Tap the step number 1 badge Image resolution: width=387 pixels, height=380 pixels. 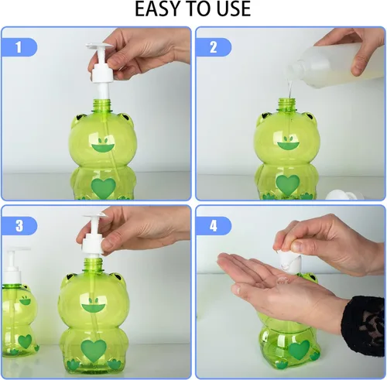[x=19, y=47]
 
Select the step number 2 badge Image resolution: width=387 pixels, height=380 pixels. [x=213, y=47]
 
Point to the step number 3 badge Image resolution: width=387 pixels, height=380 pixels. [x=19, y=226]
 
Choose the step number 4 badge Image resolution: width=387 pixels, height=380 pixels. [x=213, y=226]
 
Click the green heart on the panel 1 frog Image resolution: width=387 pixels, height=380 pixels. [x=104, y=187]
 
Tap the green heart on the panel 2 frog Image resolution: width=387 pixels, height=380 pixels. [x=288, y=185]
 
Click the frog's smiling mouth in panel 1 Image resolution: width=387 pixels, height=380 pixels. [x=103, y=148]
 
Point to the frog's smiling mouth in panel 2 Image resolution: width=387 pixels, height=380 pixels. [x=288, y=145]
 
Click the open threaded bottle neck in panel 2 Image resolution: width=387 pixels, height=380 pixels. [x=286, y=105]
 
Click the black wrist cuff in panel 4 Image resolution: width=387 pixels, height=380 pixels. [x=364, y=326]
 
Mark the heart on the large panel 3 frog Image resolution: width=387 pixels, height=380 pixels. [x=94, y=351]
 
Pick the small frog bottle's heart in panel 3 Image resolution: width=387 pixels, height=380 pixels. [x=25, y=341]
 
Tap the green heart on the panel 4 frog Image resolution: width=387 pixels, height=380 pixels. [x=299, y=350]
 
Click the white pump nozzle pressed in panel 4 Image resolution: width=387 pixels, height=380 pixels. [x=288, y=262]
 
